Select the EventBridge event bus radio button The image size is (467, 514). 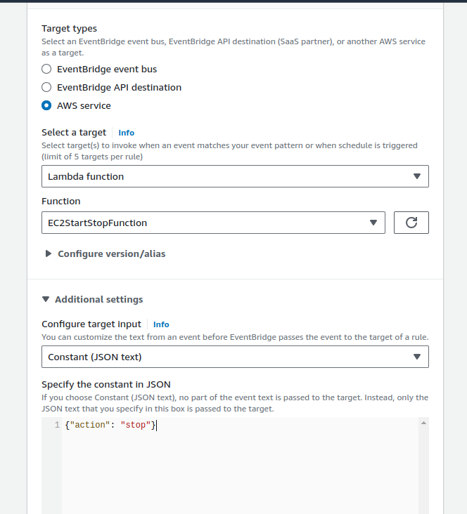tap(46, 70)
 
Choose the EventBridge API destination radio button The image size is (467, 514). tap(46, 88)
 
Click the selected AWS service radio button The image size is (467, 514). tap(46, 106)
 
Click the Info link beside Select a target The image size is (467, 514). tap(126, 133)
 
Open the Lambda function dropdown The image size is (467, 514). tap(235, 176)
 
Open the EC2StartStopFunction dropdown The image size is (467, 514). tap(213, 223)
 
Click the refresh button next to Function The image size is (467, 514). tap(411, 223)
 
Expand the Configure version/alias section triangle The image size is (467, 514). tap(49, 253)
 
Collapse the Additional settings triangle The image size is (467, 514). tap(46, 299)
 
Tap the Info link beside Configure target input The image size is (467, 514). tap(161, 324)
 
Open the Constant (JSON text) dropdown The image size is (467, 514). tap(235, 357)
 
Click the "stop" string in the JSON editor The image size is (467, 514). tap(136, 426)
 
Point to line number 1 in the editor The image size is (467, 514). tap(57, 426)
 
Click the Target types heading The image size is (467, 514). tap(69, 29)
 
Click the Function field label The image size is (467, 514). tap(61, 201)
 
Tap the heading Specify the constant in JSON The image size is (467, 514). tap(106, 384)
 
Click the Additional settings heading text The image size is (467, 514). tap(98, 299)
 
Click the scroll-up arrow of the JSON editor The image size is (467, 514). tap(423, 423)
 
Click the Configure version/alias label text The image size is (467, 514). tap(111, 253)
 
